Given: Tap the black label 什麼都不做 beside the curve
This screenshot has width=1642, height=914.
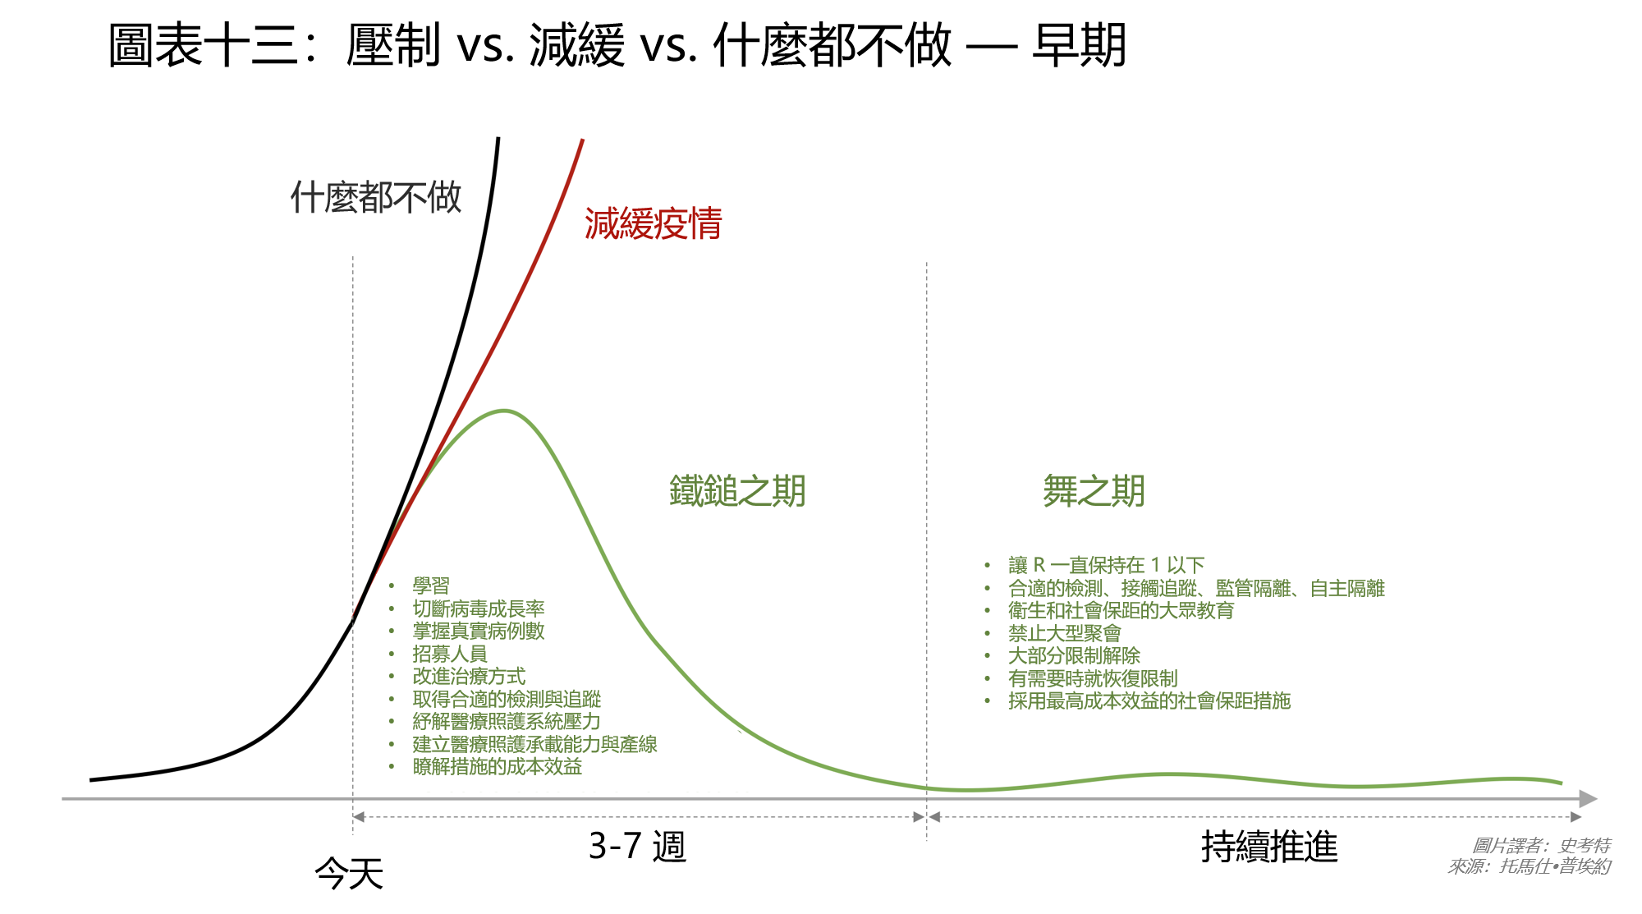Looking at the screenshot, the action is pos(376,197).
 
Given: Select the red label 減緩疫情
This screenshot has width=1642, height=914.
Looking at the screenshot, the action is pos(653,223).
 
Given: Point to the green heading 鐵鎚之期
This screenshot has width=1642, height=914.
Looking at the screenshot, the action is pos(737,491).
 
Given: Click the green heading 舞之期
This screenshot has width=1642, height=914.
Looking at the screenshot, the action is pos(1094,491).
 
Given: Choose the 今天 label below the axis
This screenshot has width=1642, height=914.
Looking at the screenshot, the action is pos(349,872).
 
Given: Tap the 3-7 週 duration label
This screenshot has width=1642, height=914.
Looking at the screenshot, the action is pos(637,846).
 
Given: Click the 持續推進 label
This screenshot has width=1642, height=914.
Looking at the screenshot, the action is pos(1269,847).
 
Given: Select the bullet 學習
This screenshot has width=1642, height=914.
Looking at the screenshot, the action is pos(431,586).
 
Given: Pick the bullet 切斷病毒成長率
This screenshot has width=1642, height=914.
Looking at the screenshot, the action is pos(479,609).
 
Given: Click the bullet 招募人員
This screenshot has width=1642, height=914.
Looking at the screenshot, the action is pos(450,654).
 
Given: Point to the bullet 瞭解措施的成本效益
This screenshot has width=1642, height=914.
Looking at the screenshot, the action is pos(498,766).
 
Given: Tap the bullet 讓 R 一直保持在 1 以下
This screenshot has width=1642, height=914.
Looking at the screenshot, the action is pos(1106,565).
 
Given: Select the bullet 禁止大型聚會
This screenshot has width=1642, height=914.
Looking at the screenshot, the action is pos(1065,633).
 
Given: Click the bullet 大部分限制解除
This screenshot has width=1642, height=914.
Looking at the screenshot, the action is pos(1075,655).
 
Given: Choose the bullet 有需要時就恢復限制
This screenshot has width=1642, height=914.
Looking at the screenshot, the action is pos(1093,678).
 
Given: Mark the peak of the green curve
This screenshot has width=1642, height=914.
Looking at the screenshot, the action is pos(503,411).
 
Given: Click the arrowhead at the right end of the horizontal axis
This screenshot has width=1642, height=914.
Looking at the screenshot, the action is pos(1589,798).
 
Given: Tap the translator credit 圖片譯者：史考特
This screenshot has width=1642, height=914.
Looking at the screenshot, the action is pos(1541,845).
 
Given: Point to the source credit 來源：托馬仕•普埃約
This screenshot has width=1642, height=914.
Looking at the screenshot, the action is pos(1530,866).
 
